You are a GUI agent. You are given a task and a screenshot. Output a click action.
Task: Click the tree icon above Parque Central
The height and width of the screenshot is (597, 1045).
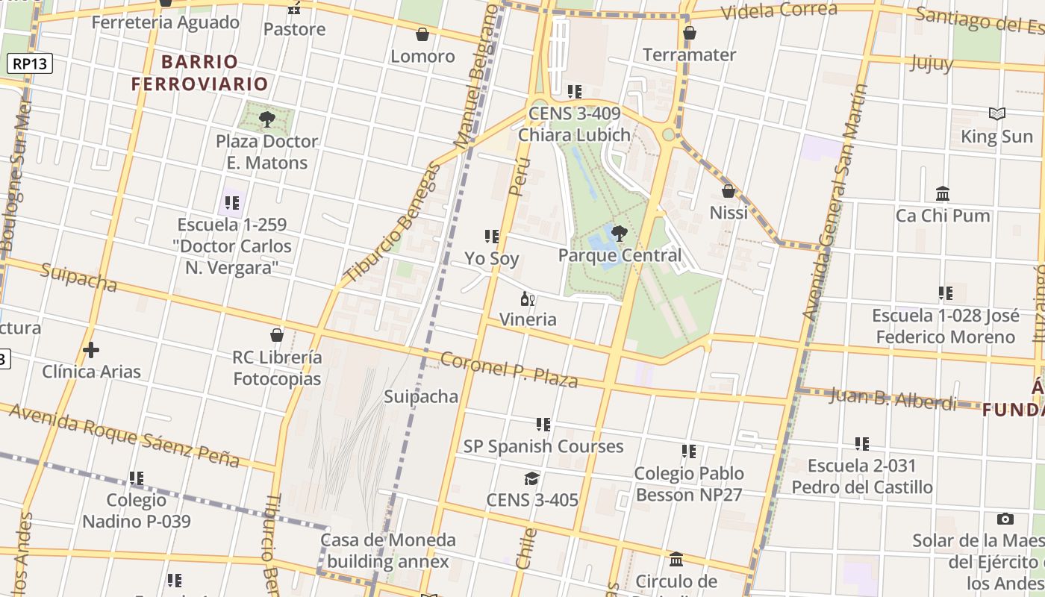point(619,233)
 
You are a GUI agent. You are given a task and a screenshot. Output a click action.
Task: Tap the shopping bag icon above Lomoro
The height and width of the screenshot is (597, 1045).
point(422,34)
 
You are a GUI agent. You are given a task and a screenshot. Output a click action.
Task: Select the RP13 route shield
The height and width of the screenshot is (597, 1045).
point(31,63)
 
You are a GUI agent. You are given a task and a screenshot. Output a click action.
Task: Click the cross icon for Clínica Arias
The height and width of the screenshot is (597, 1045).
point(91,349)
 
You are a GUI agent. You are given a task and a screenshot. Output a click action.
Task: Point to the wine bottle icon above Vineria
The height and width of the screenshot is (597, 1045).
point(527,299)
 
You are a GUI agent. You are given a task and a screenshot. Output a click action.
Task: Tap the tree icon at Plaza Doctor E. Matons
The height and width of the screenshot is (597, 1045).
point(266,119)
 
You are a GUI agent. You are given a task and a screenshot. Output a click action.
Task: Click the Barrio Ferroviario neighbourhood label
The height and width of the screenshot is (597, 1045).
point(199,72)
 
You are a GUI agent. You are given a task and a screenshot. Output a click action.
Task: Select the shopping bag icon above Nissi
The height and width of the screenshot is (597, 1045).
point(729,191)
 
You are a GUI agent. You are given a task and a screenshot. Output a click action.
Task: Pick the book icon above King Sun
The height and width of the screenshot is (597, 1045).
point(996,114)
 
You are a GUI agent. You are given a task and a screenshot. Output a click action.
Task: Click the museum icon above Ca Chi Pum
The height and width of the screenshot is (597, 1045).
point(943,194)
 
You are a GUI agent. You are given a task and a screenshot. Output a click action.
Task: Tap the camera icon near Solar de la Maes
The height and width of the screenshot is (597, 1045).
point(1005,519)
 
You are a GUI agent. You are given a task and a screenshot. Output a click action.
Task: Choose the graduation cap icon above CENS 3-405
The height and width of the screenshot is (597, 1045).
point(531,478)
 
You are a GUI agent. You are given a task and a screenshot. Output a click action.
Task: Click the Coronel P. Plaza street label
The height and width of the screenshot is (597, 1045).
point(509,370)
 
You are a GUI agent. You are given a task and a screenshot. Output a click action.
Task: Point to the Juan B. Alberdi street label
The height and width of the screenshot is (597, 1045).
point(893,398)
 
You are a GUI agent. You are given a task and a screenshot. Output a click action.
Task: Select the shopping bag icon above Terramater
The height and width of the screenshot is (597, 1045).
point(690,33)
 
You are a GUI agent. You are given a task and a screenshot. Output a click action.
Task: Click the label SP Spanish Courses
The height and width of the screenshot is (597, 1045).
point(543,446)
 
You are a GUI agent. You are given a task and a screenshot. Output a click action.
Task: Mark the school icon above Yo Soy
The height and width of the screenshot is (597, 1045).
point(492,237)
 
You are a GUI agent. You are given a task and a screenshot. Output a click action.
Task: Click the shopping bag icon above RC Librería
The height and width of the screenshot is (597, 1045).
point(277,335)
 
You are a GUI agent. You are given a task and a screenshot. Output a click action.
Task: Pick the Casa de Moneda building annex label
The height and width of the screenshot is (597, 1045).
point(388,550)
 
